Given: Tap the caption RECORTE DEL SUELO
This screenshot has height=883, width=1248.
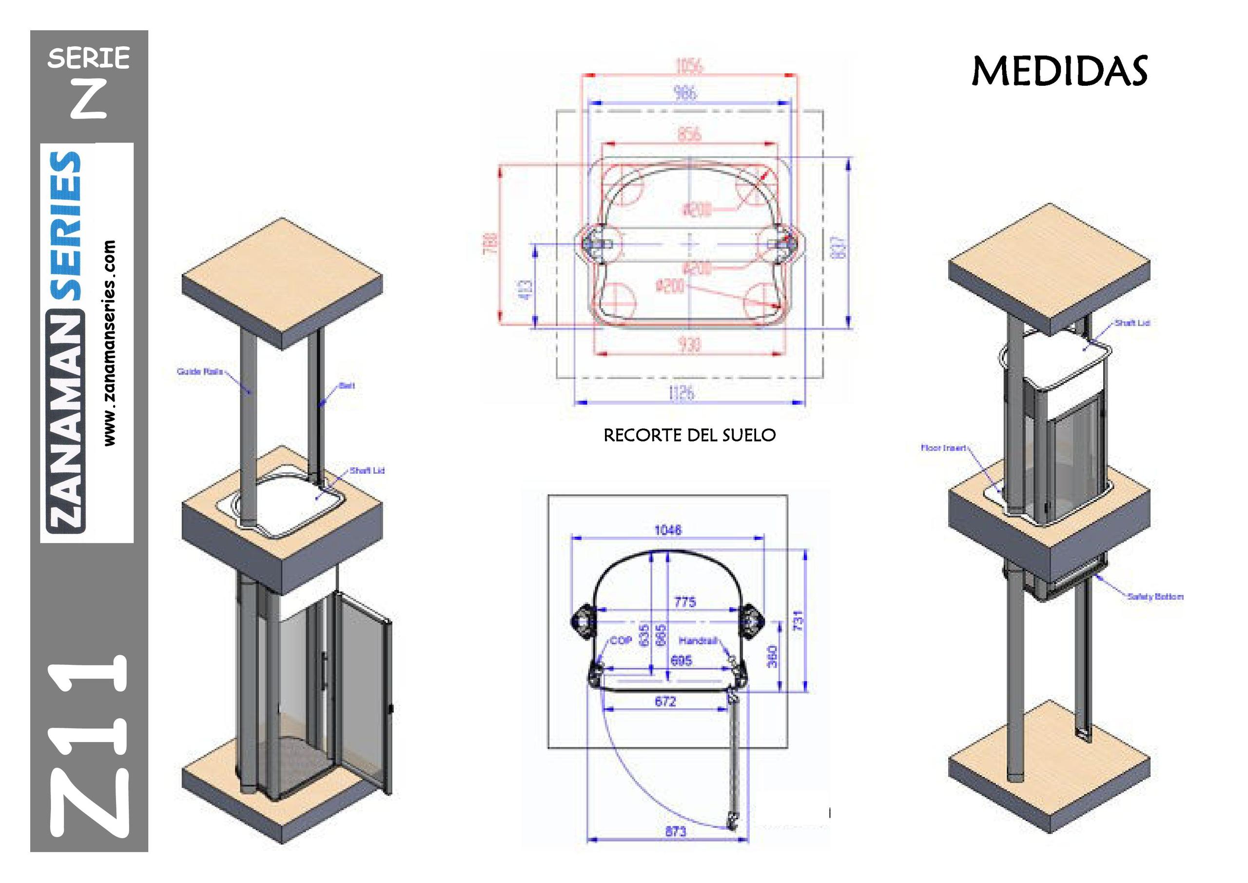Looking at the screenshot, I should click(x=689, y=435).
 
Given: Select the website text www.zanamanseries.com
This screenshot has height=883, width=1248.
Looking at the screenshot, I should click(x=110, y=343).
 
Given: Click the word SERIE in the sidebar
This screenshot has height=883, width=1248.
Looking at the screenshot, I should click(x=89, y=58).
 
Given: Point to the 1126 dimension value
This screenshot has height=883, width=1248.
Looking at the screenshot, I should click(x=682, y=392).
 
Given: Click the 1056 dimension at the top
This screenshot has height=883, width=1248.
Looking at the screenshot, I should click(x=689, y=66).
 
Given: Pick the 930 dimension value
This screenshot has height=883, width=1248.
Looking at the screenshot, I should click(x=689, y=344).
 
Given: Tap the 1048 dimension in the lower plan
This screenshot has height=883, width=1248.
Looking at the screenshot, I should click(x=668, y=529).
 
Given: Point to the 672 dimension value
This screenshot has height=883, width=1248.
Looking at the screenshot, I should click(x=665, y=702).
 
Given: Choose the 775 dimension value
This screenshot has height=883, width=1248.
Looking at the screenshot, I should click(x=685, y=602).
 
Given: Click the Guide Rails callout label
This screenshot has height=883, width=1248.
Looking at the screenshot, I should click(x=199, y=372).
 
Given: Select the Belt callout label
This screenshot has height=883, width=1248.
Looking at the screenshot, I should click(x=347, y=386).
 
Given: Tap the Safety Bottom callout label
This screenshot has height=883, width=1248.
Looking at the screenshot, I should click(x=1155, y=596).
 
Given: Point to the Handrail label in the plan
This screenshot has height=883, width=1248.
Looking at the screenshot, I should click(x=698, y=641).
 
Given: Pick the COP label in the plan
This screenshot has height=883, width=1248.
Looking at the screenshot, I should click(x=621, y=641).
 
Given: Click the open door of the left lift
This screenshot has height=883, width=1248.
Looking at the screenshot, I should click(x=363, y=691).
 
